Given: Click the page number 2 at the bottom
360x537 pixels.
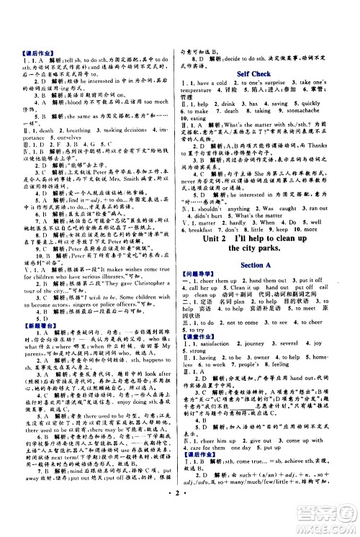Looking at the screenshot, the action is click(181, 515).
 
